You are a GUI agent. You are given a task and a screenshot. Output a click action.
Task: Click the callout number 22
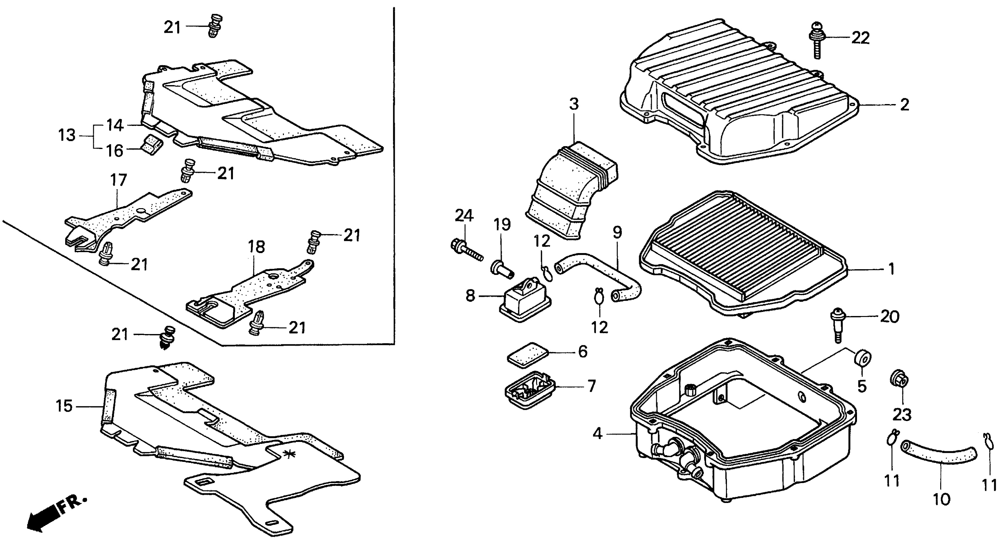point(861,38)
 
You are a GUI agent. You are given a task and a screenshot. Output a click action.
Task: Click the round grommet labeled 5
point(861,358)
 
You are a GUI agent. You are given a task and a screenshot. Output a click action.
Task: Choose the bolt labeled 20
point(836,324)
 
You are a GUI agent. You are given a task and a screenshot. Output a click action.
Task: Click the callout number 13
point(66,135)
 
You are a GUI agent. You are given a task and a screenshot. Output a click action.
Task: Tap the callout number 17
point(119,180)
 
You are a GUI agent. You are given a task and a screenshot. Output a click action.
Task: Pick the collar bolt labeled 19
point(501,270)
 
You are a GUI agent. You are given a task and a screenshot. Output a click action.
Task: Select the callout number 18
point(256,247)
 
